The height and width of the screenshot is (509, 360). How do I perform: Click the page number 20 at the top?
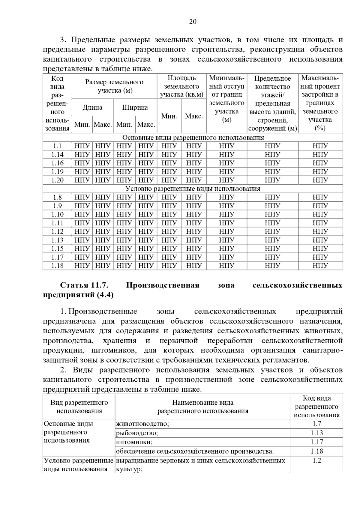click(193, 22)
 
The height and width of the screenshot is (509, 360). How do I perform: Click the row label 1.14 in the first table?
click(57, 155)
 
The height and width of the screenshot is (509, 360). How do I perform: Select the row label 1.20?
click(57, 180)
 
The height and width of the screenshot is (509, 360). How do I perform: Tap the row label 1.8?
click(57, 197)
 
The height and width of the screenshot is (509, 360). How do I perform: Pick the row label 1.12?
click(57, 231)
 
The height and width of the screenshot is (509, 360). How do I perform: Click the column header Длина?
click(92, 108)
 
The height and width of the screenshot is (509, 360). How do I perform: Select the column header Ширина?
click(135, 108)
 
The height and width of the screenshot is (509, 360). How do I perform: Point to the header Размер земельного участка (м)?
click(114, 86)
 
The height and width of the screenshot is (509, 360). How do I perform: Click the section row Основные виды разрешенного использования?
click(193, 138)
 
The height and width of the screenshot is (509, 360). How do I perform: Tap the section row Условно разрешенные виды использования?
click(193, 189)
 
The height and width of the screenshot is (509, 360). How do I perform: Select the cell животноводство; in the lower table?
click(142, 424)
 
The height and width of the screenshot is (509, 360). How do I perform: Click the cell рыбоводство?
click(137, 433)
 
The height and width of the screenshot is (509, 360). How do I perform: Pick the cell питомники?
click(134, 442)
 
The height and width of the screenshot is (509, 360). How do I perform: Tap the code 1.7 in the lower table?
click(316, 424)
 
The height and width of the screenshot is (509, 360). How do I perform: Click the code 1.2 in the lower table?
click(316, 460)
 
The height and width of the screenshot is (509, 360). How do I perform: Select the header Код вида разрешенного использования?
click(316, 407)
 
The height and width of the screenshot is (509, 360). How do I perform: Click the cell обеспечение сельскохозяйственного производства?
click(195, 451)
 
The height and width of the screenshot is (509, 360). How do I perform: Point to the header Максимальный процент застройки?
click(320, 103)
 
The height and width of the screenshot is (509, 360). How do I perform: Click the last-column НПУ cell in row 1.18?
click(320, 266)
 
